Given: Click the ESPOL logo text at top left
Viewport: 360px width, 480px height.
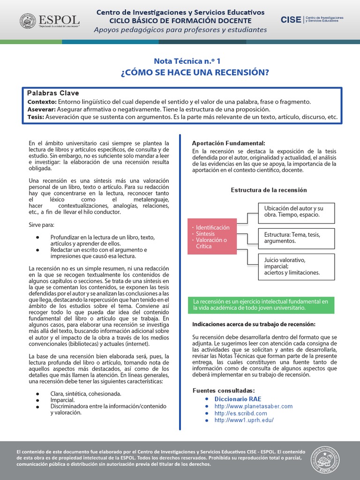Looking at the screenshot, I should (59, 19).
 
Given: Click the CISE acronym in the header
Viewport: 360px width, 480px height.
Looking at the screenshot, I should (291, 19).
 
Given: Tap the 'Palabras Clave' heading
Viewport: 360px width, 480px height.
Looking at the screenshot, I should (53, 93).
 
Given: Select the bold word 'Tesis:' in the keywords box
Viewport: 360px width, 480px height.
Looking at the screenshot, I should (36, 117).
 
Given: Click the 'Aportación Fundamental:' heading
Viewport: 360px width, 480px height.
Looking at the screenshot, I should (229, 142).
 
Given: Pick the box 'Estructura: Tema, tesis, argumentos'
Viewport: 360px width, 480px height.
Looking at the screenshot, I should (296, 238).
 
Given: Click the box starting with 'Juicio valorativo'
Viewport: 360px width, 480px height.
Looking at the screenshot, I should (296, 266).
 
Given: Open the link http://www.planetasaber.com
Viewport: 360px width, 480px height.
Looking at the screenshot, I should (253, 406).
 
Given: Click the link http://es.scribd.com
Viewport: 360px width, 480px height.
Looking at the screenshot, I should (240, 413).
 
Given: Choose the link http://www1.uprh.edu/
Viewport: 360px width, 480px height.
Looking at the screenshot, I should (244, 420).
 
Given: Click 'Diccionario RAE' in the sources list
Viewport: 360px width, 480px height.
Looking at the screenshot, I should (238, 399).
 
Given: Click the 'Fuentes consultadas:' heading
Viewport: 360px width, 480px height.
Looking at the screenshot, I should (224, 391).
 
